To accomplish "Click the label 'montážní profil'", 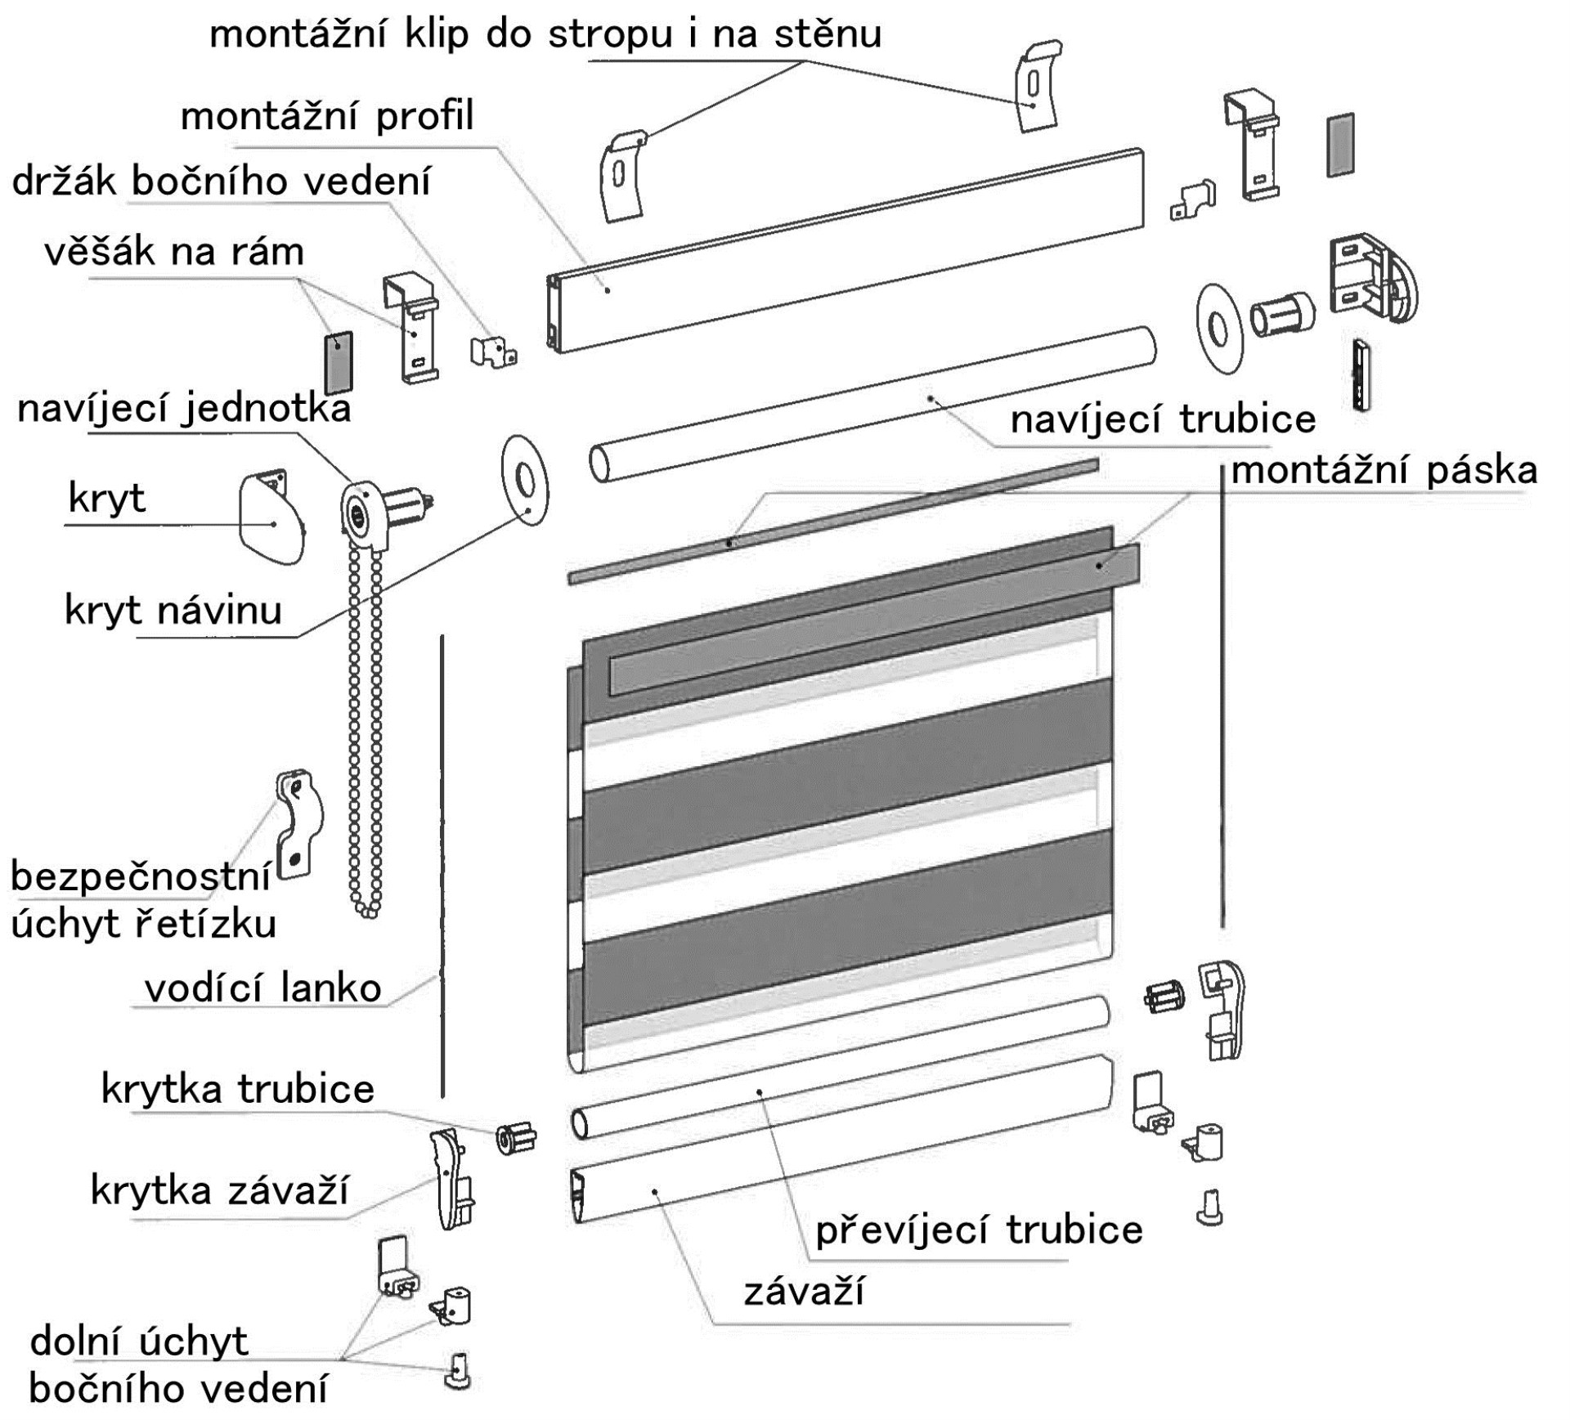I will coord(327,117).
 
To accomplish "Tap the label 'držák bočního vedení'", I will coord(221,181).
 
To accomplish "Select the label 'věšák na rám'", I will coord(174,252).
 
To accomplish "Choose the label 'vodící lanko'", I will coord(262,988).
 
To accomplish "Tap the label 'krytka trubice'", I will coord(237,1089).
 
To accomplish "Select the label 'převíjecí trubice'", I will coord(979,1230).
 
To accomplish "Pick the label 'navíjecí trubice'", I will coord(1163,419).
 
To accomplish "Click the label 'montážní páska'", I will coord(1384,471).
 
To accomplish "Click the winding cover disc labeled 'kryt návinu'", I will coord(524,480).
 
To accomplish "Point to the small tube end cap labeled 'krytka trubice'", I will coord(516,1138).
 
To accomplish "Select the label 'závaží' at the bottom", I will coord(803,1292).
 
